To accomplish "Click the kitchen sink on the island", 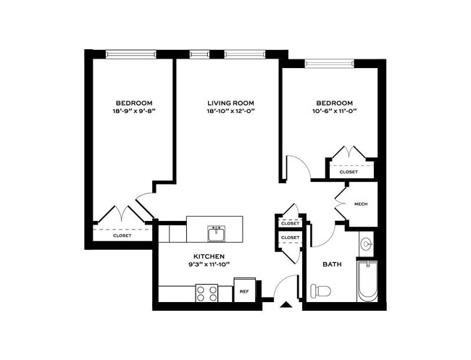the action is (216, 233).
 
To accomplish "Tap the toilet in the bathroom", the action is (320, 290).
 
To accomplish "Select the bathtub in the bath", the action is (367, 280).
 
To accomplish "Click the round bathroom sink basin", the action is (367, 243).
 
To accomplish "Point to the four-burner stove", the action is (207, 293).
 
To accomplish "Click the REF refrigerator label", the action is (244, 291).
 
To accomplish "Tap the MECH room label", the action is (361, 204).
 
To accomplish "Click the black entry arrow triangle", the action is (286, 305).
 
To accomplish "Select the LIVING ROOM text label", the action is (230, 103).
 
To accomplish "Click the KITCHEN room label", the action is (209, 256).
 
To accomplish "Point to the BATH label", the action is (332, 264).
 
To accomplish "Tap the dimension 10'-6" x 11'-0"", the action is (334, 111).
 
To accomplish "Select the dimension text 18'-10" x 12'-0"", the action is (230, 111).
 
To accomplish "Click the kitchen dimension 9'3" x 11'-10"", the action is (209, 264).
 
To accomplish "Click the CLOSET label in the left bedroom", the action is (122, 235).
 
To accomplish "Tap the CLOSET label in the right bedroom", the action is (349, 172).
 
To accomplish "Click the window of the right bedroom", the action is (330, 63).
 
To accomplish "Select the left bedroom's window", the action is (131, 54).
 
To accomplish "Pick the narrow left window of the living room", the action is (200, 54).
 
